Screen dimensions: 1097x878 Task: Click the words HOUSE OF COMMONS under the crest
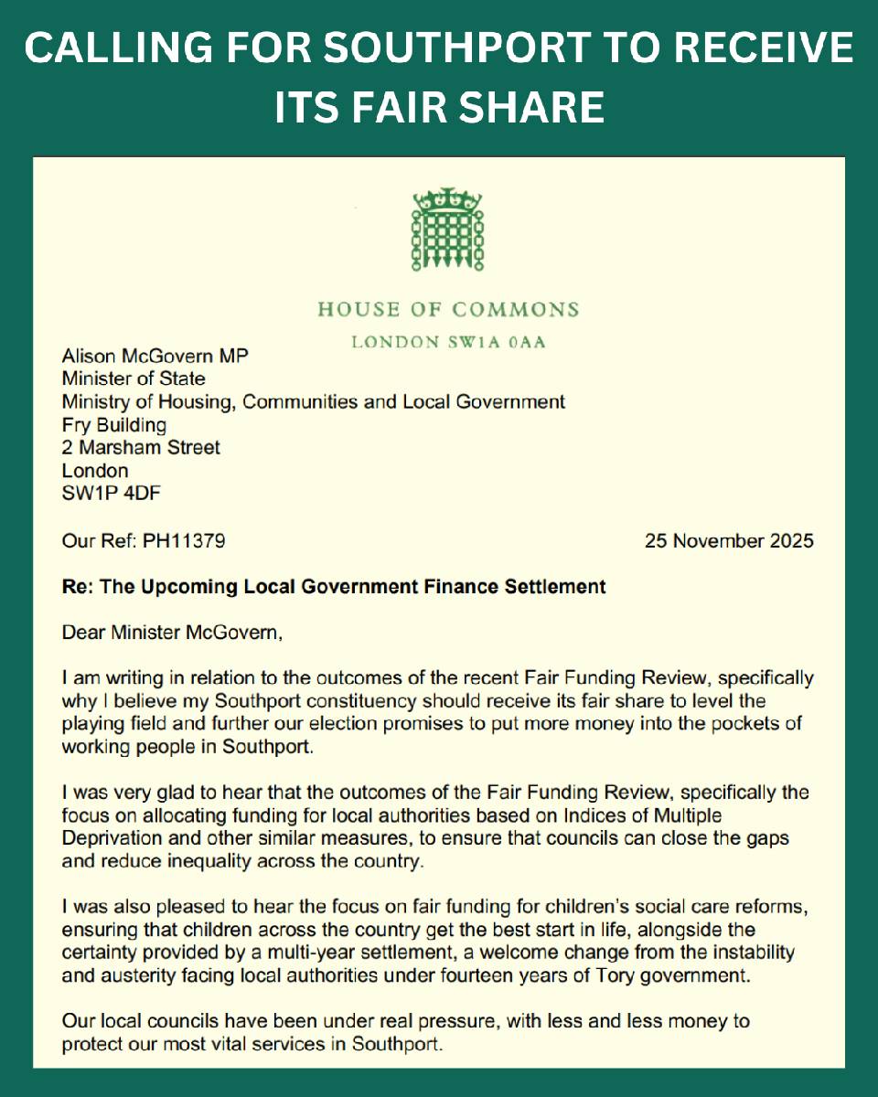(448, 309)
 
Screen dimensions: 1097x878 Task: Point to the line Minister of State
(134, 377)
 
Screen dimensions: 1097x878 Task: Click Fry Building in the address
(114, 424)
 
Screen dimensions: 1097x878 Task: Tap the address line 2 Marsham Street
(141, 448)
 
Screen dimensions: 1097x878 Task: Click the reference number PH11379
(184, 541)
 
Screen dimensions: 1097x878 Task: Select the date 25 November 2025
(729, 541)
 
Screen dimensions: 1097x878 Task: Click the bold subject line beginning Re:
(334, 586)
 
